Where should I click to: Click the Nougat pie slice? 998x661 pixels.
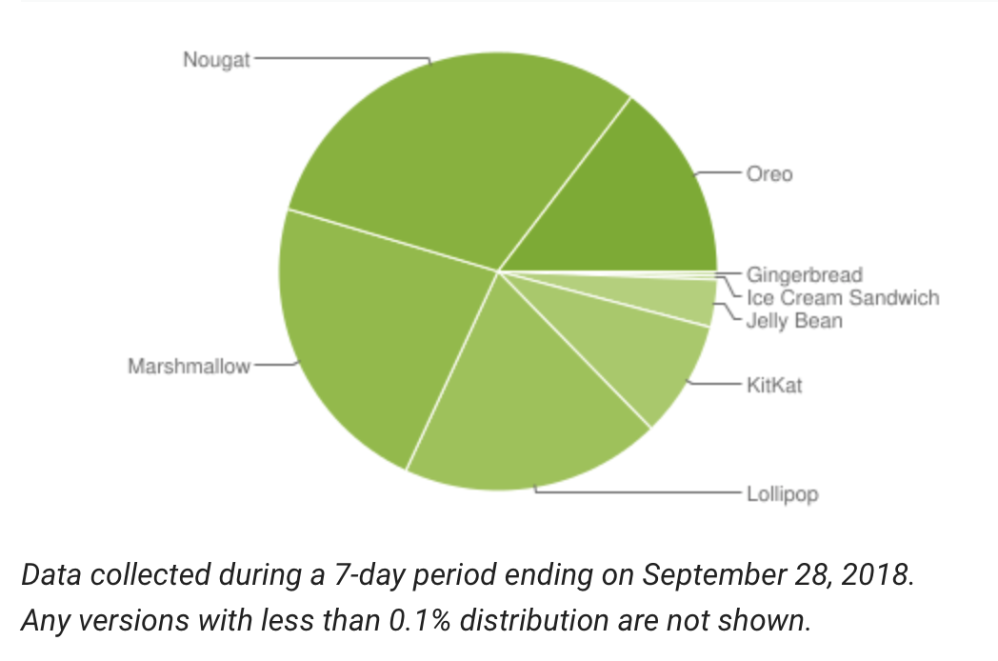448,152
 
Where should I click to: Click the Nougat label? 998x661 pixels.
216,60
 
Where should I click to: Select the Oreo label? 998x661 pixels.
769,175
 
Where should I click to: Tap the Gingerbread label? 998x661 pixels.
804,276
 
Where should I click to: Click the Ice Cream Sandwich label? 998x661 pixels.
842,298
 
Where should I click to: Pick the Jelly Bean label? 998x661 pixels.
794,320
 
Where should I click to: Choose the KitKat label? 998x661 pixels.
775,386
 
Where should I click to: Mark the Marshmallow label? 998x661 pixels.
189,366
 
